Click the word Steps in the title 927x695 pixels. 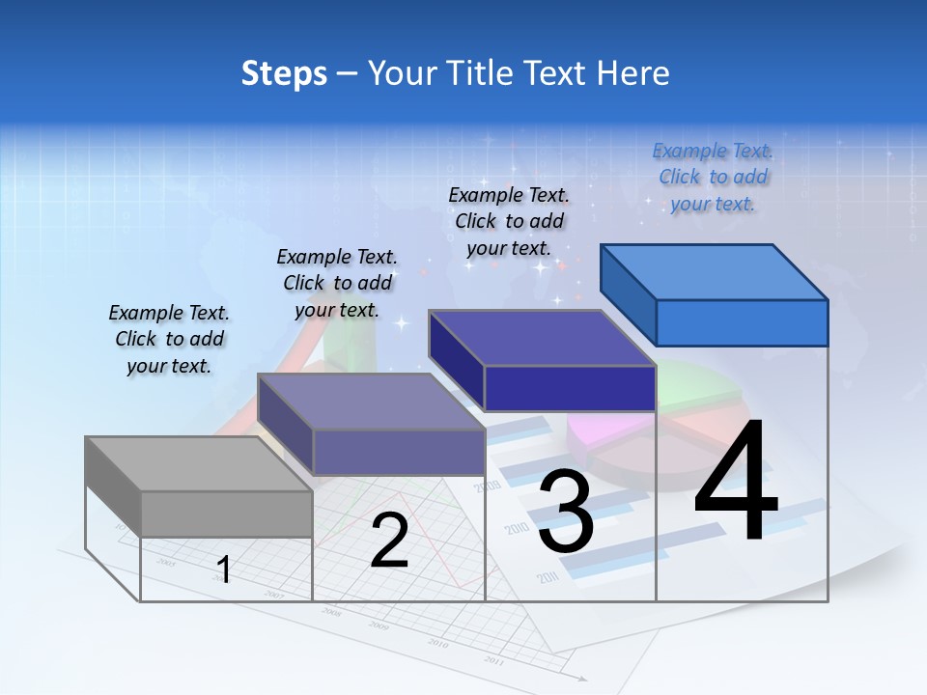click(x=284, y=73)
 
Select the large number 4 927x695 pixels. click(x=736, y=483)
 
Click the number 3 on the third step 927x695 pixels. click(x=566, y=512)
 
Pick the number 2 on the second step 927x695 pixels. click(x=389, y=542)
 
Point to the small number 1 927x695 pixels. click(x=224, y=570)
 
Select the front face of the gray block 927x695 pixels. click(x=227, y=514)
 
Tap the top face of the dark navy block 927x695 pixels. click(x=541, y=338)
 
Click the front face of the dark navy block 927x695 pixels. click(x=570, y=388)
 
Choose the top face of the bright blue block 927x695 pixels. click(x=715, y=271)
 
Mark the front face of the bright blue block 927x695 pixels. click(x=742, y=322)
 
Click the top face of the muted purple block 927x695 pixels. click(x=371, y=401)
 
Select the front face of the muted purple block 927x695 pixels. click(x=399, y=452)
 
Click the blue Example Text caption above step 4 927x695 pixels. click(x=713, y=177)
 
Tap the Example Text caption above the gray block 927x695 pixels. click(x=169, y=339)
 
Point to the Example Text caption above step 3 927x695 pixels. click(x=509, y=221)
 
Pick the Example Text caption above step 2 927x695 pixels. click(x=337, y=283)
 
